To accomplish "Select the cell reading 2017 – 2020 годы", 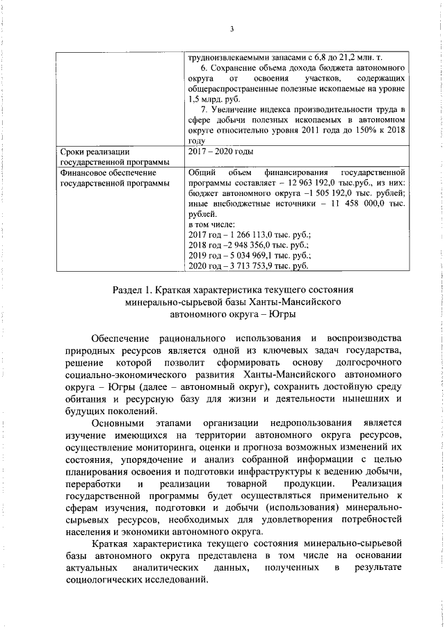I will coord(221,152).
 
